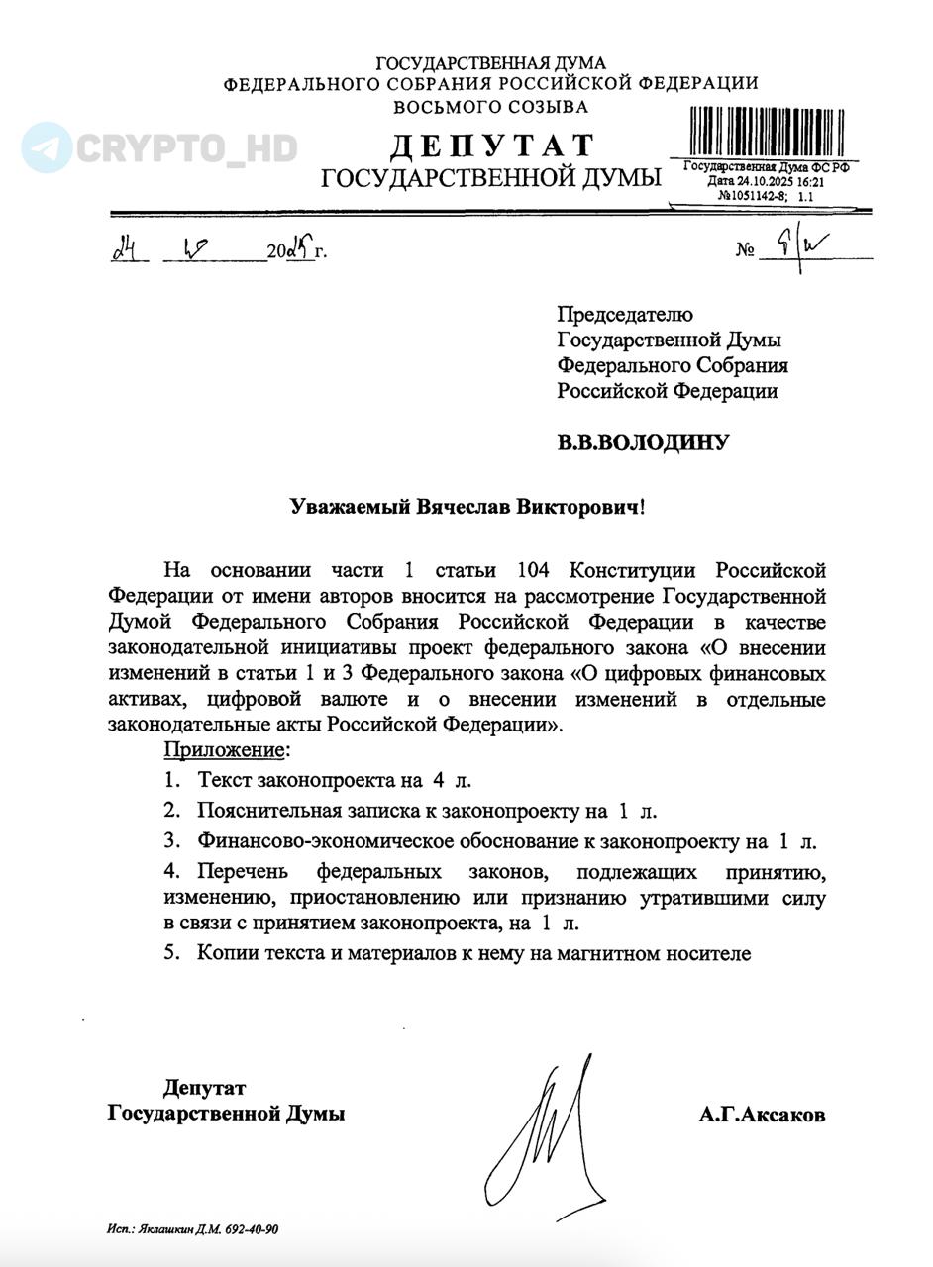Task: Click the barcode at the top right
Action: pyautogui.click(x=768, y=133)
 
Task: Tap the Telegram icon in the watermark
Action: pyautogui.click(x=46, y=147)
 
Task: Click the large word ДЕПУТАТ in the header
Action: pyautogui.click(x=492, y=146)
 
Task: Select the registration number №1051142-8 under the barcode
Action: pyautogui.click(x=752, y=196)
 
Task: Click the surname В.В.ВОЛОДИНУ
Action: pyautogui.click(x=642, y=442)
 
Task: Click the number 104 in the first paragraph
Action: pyautogui.click(x=536, y=571)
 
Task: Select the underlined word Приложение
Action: pyautogui.click(x=226, y=749)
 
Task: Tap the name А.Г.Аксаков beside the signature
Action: pyautogui.click(x=761, y=1115)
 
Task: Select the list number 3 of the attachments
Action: pyautogui.click(x=171, y=841)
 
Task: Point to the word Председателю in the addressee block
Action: pyautogui.click(x=624, y=315)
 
